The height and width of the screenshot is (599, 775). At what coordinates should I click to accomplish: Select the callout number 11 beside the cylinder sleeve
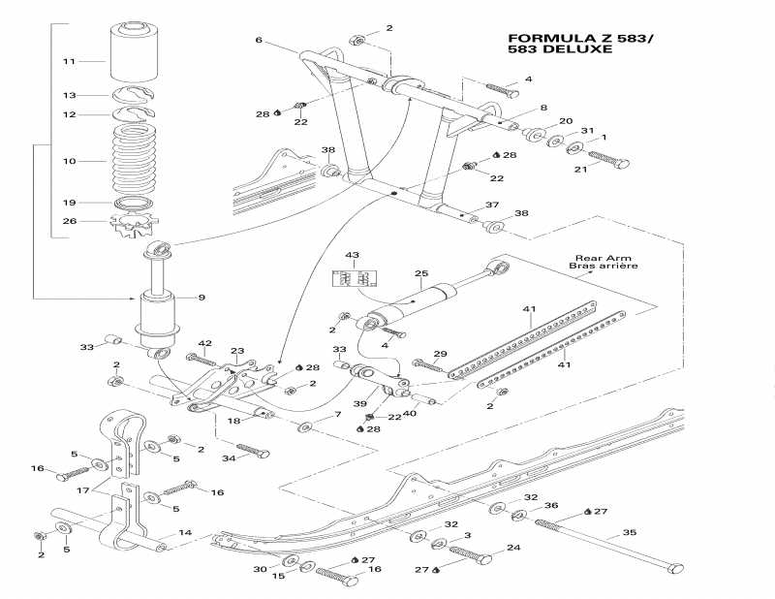(69, 61)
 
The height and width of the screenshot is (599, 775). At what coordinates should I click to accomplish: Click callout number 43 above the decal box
(352, 255)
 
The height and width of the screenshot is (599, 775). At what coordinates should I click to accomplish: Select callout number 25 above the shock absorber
(421, 274)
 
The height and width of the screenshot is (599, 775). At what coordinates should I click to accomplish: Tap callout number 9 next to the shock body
(202, 297)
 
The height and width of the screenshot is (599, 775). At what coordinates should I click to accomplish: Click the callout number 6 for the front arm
(259, 40)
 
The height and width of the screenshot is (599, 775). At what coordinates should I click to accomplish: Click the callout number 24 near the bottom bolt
(513, 548)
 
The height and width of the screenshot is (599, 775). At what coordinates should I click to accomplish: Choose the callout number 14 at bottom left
(186, 533)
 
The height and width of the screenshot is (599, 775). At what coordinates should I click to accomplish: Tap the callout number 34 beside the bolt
(229, 458)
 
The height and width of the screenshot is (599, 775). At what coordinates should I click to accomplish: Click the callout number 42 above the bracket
(204, 343)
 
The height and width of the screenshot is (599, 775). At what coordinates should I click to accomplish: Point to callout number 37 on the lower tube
(492, 205)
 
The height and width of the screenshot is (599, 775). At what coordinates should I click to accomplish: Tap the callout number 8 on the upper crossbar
(543, 108)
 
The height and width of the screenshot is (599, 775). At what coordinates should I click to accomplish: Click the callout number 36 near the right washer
(550, 505)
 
